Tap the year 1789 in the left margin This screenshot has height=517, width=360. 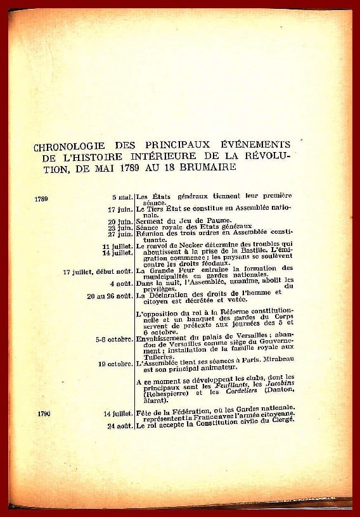point(43,198)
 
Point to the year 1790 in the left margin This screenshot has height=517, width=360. point(44,413)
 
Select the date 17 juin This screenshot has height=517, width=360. point(120,208)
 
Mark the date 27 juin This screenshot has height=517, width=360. point(120,233)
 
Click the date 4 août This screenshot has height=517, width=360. point(120,283)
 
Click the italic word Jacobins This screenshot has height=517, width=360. point(276,392)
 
